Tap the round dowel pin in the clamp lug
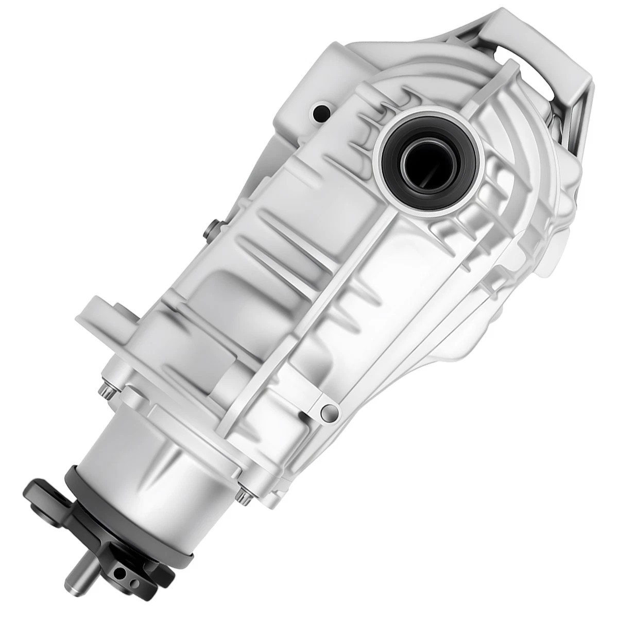coord(327,410)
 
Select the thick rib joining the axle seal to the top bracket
coord(482,98)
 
